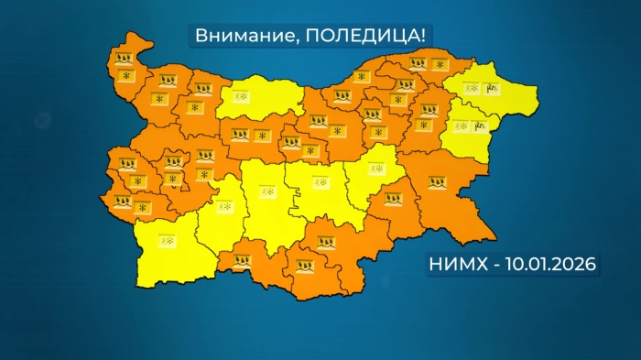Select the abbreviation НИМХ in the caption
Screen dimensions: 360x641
pyautogui.click(x=458, y=265)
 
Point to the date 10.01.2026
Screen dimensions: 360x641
pyautogui.click(x=547, y=265)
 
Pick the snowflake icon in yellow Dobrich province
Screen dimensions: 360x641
pyautogui.click(x=471, y=89)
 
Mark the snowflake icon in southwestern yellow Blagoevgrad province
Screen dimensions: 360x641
pyautogui.click(x=168, y=240)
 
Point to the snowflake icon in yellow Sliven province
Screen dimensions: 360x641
pyautogui.click(x=375, y=168)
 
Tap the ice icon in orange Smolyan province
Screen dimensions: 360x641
pyautogui.click(x=241, y=260)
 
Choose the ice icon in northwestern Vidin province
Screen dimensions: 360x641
pyautogui.click(x=125, y=58)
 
